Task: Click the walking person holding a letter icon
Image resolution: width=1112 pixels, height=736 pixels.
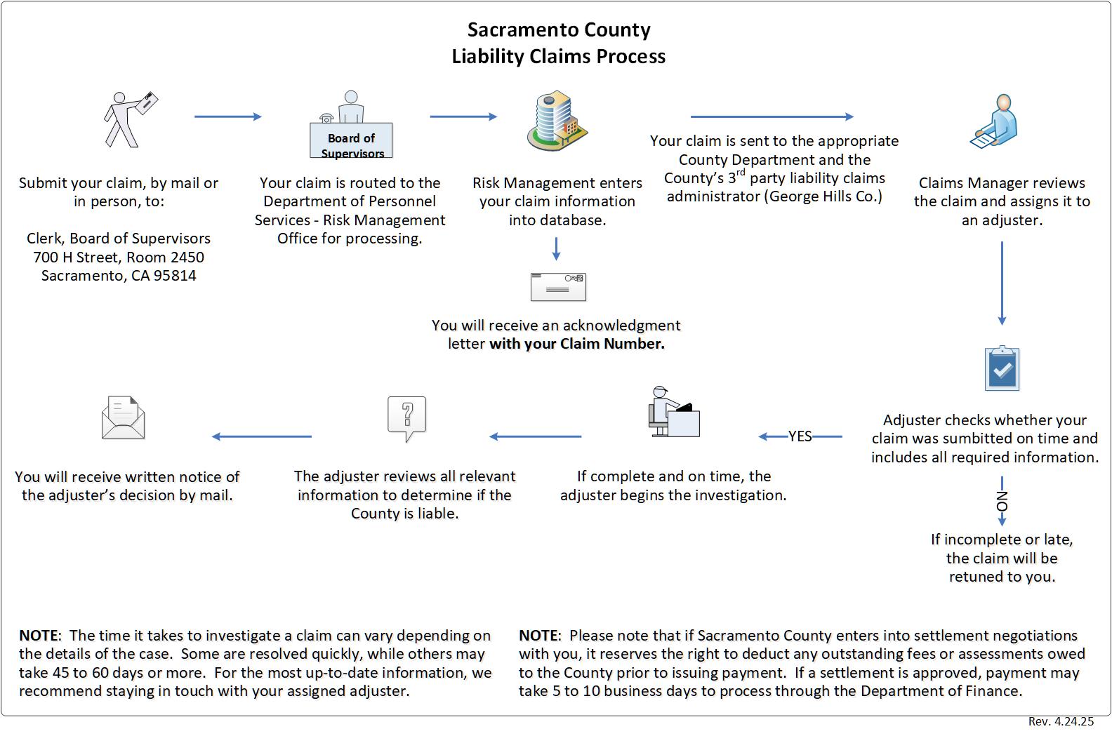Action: coord(130,119)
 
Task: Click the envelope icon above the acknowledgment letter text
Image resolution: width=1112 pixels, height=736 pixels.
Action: coord(558,286)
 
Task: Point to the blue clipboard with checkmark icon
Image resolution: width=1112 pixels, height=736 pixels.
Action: coord(1002,369)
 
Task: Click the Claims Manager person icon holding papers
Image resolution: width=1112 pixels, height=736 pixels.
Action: coord(995,122)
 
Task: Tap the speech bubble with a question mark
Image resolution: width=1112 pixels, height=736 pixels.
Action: coord(407,418)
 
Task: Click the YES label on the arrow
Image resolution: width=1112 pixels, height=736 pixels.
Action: coord(800,436)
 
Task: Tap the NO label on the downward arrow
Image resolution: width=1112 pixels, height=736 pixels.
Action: coord(1002,501)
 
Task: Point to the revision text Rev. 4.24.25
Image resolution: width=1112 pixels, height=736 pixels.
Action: coord(1061,721)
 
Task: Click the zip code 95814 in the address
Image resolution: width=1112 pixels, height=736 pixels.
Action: coord(175,276)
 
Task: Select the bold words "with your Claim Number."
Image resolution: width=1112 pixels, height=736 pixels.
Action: coord(576,344)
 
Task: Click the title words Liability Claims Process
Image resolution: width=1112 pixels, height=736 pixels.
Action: coord(558,56)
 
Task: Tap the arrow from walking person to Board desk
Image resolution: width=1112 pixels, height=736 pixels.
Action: coord(227,116)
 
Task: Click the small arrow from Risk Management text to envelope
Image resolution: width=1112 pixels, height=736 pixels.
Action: coord(556,248)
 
